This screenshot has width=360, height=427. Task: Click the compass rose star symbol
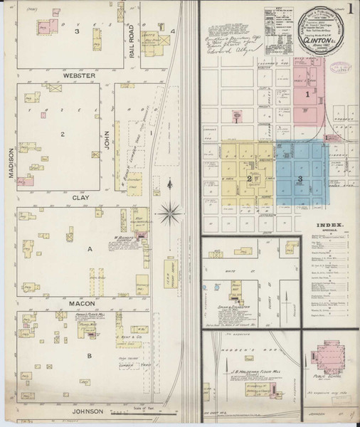pos(171,211)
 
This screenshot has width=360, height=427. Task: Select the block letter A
pos(89,250)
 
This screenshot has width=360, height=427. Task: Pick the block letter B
pos(89,354)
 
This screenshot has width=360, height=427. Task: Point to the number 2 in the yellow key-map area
pos(248,179)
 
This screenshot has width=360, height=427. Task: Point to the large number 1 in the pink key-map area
pos(307,95)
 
